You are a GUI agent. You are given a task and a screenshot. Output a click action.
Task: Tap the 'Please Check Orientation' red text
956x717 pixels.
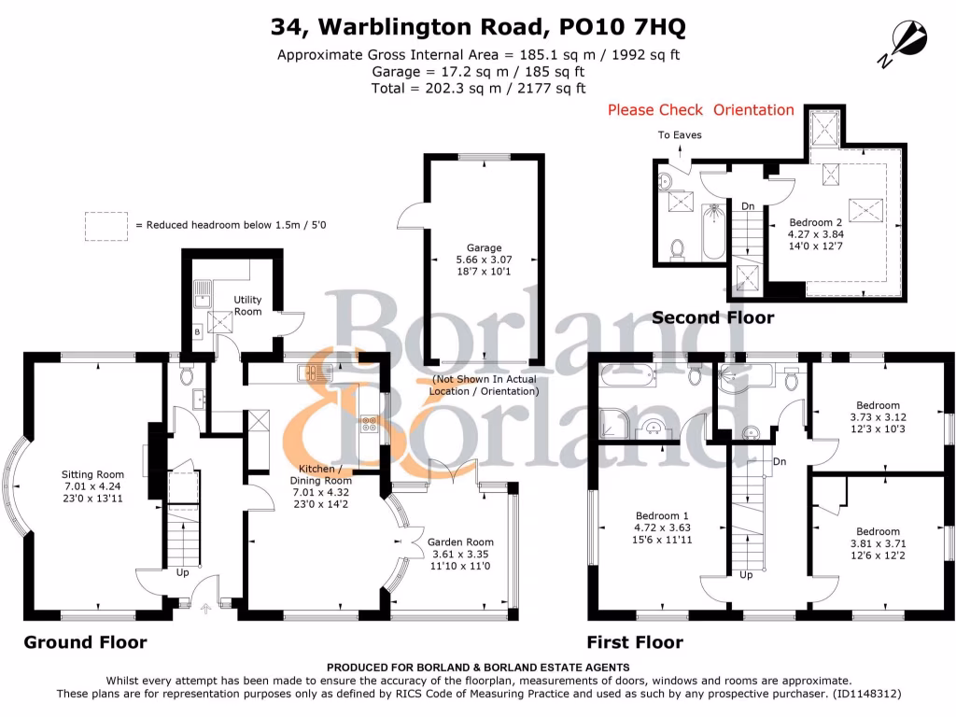700,110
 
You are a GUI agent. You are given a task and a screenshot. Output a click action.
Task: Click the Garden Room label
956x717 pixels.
460,542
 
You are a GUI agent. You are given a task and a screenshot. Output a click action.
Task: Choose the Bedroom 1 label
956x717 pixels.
662,516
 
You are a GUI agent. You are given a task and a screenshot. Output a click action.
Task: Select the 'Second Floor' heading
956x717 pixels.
712,317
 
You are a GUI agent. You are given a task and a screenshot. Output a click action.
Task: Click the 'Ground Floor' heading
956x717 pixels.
85,642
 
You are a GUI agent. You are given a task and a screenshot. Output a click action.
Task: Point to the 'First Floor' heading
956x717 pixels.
634,642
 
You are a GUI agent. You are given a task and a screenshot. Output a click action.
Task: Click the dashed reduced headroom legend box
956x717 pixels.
105,225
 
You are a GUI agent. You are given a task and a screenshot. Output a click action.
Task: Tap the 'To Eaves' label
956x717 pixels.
680,134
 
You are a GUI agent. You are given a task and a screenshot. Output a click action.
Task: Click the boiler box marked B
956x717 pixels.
197,330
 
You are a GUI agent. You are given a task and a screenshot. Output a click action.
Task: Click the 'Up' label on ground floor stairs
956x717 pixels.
183,572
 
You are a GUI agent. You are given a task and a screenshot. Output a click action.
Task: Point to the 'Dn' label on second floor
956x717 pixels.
748,205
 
